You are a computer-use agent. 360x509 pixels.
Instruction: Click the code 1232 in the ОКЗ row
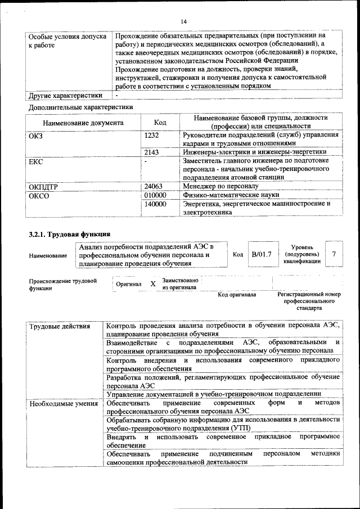pyautogui.click(x=152, y=135)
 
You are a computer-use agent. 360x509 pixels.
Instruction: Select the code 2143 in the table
pyautogui.click(x=152, y=152)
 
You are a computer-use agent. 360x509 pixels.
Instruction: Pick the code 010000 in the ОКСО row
pyautogui.click(x=156, y=195)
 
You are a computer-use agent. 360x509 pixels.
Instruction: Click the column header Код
pyautogui.click(x=160, y=123)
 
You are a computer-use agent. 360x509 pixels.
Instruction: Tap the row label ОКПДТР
pyautogui.click(x=43, y=186)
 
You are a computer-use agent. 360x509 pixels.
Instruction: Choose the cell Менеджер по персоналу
pyautogui.click(x=220, y=186)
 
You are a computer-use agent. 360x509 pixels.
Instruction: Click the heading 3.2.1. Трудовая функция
pyautogui.click(x=69, y=234)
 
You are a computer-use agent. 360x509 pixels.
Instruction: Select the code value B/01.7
pyautogui.click(x=262, y=254)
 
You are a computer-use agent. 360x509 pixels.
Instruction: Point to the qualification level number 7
pyautogui.click(x=334, y=254)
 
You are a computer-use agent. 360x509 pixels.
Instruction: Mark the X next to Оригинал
pyautogui.click(x=152, y=284)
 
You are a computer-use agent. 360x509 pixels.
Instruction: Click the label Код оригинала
pyautogui.click(x=237, y=294)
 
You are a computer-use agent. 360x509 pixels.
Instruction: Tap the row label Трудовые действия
pyautogui.click(x=59, y=326)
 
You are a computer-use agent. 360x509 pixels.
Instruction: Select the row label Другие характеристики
pyautogui.click(x=65, y=96)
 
